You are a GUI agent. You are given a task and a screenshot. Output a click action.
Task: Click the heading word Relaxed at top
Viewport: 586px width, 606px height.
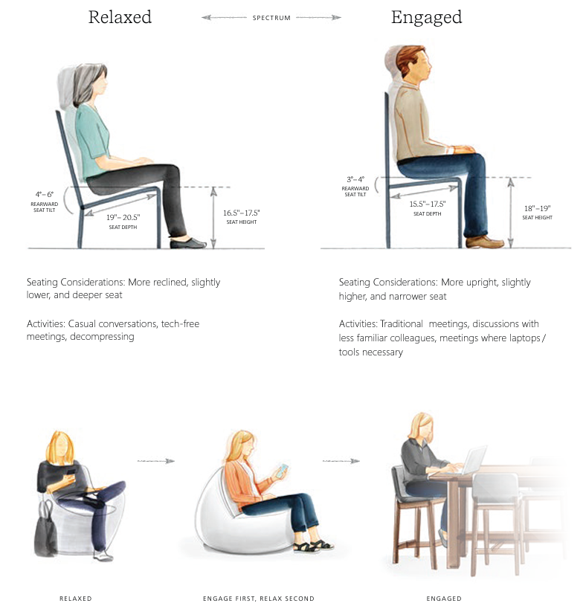[120, 17]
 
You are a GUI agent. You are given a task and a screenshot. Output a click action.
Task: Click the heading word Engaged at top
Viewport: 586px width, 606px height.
[426, 18]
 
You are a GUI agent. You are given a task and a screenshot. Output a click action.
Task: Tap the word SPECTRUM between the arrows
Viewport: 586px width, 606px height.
[271, 18]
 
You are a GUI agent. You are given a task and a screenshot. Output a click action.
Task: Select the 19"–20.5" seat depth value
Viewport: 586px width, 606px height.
[123, 217]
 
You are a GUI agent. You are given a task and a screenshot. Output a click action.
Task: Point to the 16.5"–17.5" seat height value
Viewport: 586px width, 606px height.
[241, 213]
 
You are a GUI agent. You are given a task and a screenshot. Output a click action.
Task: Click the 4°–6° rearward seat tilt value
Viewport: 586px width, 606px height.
[45, 194]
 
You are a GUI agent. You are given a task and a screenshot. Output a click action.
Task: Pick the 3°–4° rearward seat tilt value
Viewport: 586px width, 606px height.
[355, 179]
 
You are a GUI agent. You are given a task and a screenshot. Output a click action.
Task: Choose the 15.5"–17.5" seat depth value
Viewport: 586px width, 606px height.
[428, 204]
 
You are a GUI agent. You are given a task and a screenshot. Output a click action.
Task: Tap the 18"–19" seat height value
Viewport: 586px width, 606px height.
[538, 208]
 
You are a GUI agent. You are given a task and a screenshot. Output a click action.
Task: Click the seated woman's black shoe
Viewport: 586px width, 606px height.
[188, 243]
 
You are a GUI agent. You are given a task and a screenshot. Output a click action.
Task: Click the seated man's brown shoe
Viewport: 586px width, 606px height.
[484, 242]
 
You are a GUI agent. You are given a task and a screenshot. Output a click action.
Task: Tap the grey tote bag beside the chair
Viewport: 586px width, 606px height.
[45, 529]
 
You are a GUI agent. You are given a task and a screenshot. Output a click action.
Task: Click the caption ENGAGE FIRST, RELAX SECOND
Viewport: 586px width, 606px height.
[259, 599]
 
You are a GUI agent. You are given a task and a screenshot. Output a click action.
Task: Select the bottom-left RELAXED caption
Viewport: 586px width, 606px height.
[76, 599]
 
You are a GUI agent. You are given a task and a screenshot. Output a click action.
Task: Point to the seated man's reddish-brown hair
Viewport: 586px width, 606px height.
[408, 61]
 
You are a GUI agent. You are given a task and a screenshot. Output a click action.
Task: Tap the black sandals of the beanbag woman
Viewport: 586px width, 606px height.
[313, 546]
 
